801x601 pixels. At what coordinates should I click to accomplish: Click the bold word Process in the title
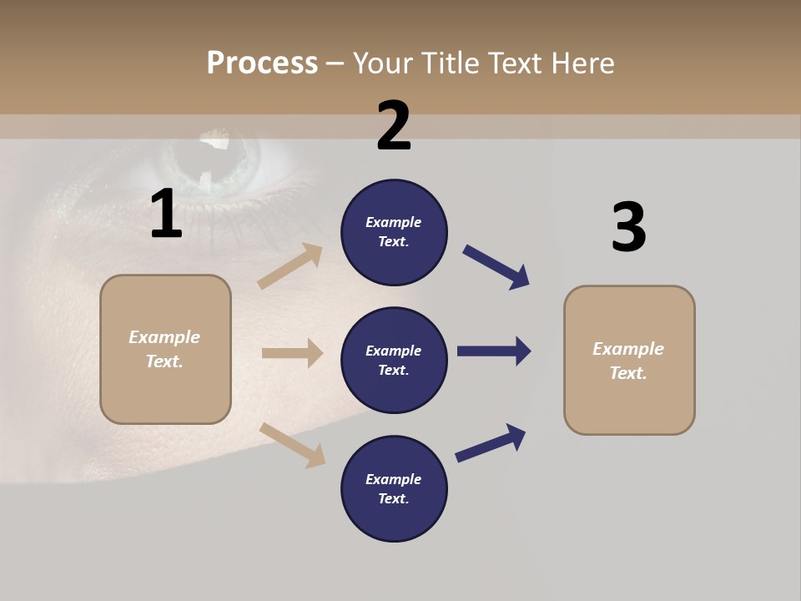pos(262,63)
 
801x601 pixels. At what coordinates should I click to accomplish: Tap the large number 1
pos(166,215)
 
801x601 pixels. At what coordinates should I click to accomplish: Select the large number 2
pos(394,126)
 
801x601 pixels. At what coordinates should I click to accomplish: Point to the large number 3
pos(628,228)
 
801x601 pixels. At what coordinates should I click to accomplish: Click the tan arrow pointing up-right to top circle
pos(290,266)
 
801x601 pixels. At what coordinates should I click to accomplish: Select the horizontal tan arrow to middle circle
pos(292,353)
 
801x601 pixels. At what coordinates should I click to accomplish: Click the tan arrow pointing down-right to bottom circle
pos(292,445)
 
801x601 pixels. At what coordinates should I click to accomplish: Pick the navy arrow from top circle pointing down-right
pos(496,267)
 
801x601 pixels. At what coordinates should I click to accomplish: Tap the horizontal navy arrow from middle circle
pos(494,351)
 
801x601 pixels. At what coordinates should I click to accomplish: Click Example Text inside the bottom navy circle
pos(394,489)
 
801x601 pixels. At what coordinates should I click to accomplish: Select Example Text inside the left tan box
pos(165,349)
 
